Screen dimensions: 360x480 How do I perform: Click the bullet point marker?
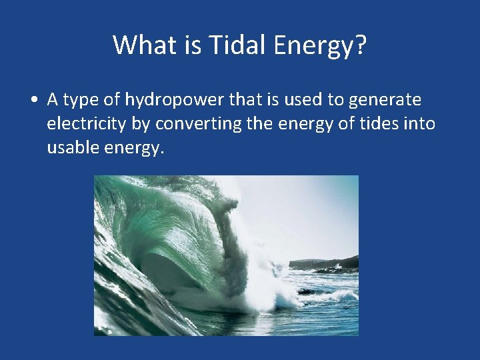tap(33, 100)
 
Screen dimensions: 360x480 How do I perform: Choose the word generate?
tap(389, 100)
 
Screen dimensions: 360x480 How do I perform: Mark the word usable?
tap(73, 148)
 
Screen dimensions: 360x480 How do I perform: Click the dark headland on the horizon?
tap(333, 262)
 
